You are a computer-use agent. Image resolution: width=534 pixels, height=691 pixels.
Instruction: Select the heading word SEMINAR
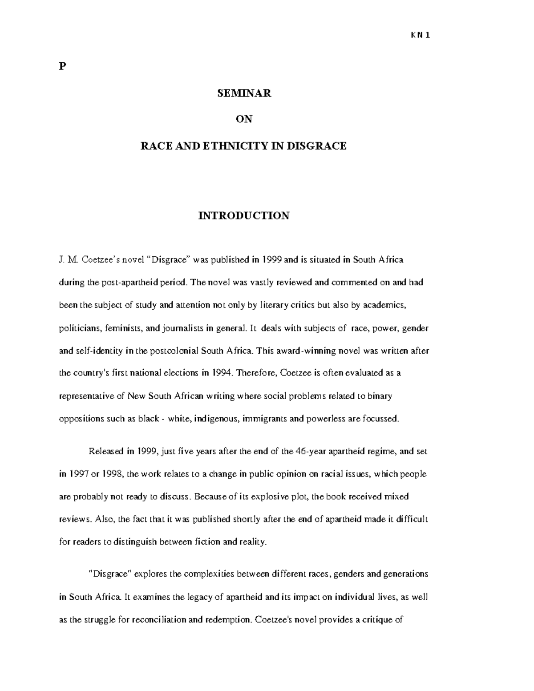(x=244, y=93)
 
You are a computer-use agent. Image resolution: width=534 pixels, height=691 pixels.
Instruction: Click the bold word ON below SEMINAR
(x=244, y=119)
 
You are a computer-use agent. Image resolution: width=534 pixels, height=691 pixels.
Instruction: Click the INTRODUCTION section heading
(x=244, y=216)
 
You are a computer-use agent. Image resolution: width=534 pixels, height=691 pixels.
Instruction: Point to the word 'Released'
(x=106, y=451)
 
